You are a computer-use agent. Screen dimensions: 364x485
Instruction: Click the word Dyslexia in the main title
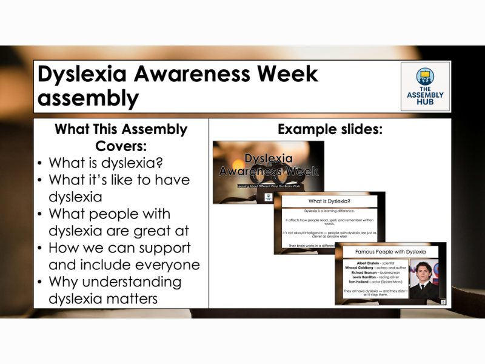click(x=82, y=74)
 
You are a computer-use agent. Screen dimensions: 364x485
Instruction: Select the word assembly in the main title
click(x=88, y=98)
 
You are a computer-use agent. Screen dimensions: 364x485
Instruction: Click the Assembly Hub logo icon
click(x=425, y=77)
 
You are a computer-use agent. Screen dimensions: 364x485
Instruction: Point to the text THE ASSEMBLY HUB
click(x=425, y=95)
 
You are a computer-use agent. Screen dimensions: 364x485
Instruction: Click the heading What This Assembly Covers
click(x=121, y=138)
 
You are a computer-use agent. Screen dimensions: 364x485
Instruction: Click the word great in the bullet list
click(x=170, y=231)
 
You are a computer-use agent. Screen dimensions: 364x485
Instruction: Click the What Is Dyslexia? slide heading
click(x=329, y=201)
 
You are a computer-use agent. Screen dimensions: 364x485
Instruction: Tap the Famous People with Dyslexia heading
click(x=390, y=251)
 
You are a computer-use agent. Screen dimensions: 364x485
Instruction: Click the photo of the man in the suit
click(x=428, y=278)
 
